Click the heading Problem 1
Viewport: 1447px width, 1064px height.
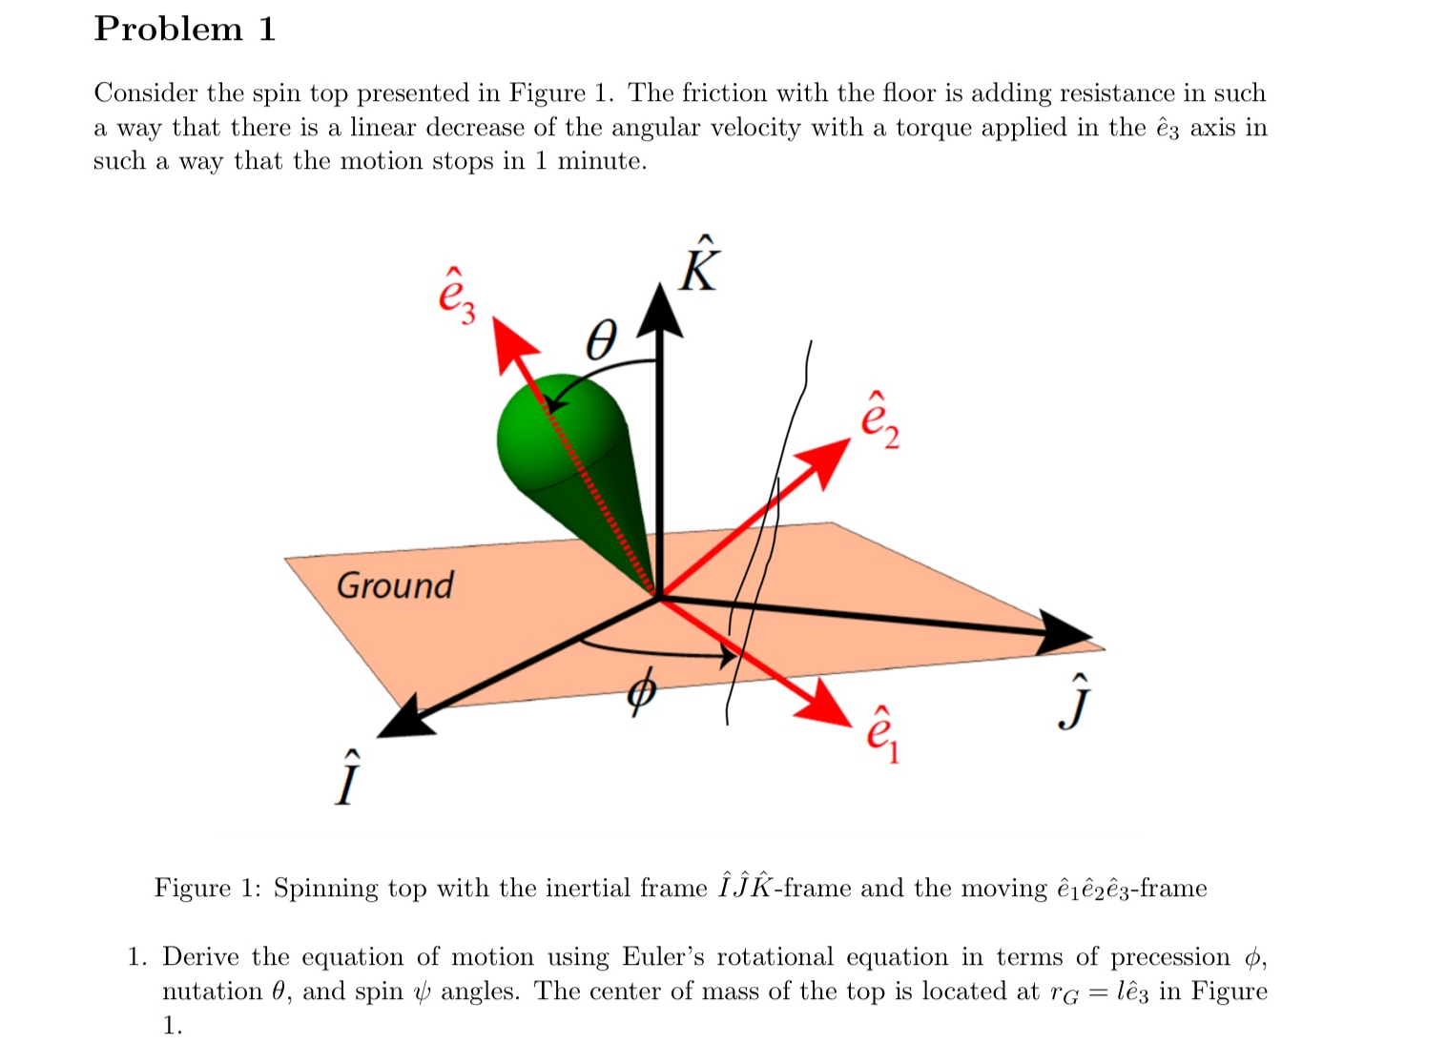tap(185, 29)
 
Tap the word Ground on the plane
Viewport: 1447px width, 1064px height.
tap(395, 585)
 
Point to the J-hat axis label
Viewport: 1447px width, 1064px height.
tap(1075, 703)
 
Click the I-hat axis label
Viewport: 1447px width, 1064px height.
tap(348, 781)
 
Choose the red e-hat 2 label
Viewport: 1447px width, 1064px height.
tap(879, 420)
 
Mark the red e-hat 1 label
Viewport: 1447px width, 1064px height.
tap(881, 735)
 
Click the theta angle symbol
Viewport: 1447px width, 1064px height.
tap(601, 339)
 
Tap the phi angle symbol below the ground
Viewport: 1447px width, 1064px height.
tap(642, 691)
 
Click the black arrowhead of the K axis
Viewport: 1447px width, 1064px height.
tap(659, 310)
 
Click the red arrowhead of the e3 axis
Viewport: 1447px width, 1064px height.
tap(513, 343)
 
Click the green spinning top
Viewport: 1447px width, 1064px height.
tap(563, 458)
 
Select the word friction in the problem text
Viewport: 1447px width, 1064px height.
tap(724, 92)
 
